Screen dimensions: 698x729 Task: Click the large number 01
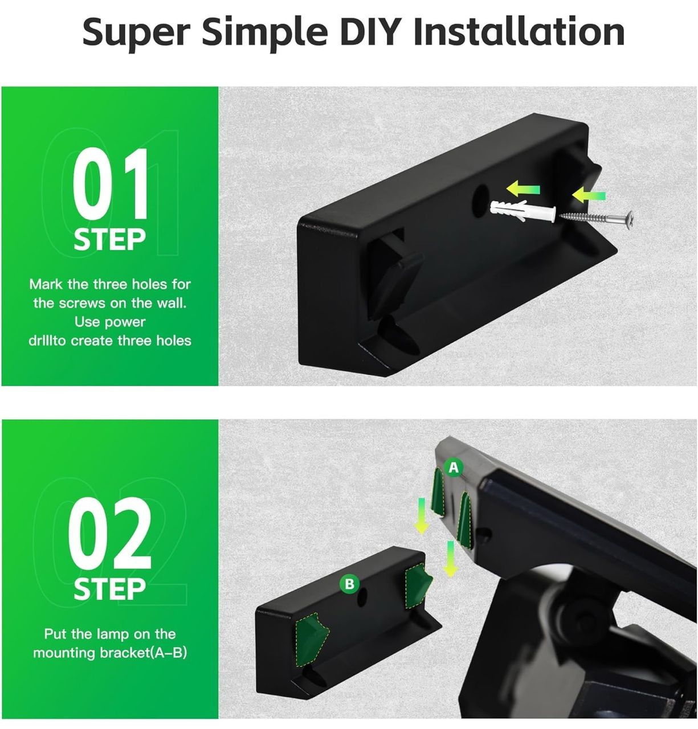tap(110, 183)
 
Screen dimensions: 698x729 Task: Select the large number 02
tap(110, 534)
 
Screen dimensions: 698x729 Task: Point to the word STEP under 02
tap(109, 589)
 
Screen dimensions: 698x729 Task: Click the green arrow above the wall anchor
tap(523, 189)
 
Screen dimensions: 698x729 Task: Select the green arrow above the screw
tap(589, 195)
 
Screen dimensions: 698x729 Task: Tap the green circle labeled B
tap(349, 584)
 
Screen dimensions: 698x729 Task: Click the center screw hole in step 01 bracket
tap(480, 201)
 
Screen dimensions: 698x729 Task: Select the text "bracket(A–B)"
tap(143, 653)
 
